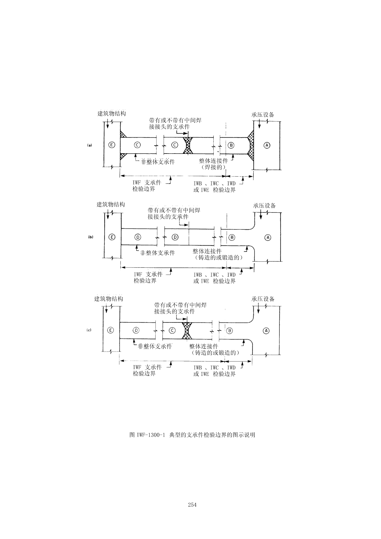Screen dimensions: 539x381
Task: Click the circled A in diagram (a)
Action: (267, 145)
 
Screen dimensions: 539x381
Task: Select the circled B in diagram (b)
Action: (232, 237)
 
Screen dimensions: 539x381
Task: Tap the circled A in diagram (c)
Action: (266, 330)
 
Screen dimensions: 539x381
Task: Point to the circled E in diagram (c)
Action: (110, 330)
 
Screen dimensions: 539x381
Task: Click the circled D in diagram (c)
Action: (136, 330)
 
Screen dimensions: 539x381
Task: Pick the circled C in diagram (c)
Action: (172, 330)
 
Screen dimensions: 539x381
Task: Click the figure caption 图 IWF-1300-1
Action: (192, 435)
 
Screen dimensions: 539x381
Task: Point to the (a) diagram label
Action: (90, 145)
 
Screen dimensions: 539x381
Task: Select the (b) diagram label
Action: (91, 237)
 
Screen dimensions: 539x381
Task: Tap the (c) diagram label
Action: (89, 330)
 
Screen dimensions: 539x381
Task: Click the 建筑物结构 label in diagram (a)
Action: (112, 114)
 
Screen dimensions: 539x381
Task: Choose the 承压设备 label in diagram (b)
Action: (264, 206)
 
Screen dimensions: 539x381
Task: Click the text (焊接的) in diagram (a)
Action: (213, 167)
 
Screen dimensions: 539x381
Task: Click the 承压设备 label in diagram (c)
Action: (263, 299)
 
